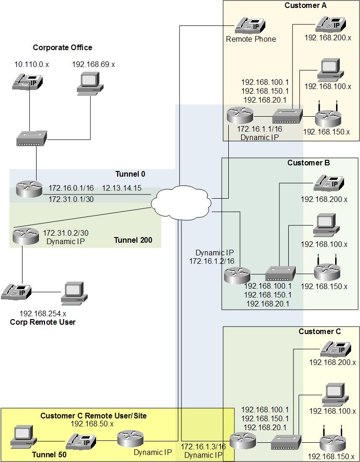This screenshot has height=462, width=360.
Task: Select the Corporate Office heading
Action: coord(62,47)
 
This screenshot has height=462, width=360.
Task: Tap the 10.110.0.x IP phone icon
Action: coord(29,82)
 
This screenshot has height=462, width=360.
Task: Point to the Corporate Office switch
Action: coord(32,139)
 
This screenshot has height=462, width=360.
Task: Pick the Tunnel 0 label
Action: coord(130,174)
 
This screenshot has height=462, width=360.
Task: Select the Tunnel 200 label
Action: coord(133,240)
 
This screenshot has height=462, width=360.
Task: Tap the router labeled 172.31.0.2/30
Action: coord(25,236)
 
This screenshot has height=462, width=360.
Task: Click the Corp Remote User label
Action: coord(43,322)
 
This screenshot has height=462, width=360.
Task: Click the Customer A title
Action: coord(306,5)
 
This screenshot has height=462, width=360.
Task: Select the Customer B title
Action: coord(308,163)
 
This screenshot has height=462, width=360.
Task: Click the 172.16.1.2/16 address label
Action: coord(211,261)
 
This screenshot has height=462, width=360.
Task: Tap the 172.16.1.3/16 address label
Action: coord(203,446)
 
